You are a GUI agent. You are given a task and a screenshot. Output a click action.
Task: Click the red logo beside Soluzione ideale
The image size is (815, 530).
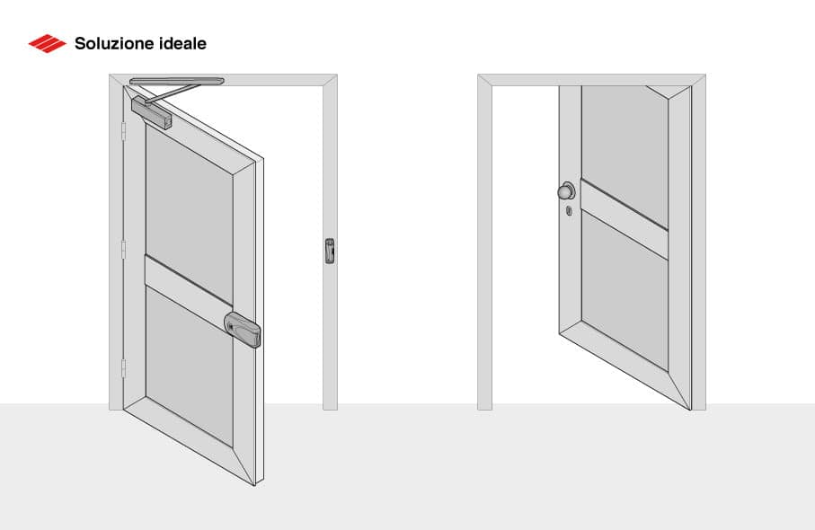(x=47, y=42)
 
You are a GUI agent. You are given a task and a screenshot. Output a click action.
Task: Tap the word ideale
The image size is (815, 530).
(x=182, y=42)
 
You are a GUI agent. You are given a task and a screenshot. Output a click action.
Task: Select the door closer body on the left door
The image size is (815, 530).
(x=150, y=114)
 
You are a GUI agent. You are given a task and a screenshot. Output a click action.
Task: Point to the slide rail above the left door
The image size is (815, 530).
(x=176, y=82)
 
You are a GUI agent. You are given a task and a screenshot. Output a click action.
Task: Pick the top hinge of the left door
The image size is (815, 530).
(x=123, y=132)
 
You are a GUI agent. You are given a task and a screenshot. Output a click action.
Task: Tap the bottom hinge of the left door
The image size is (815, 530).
(x=123, y=367)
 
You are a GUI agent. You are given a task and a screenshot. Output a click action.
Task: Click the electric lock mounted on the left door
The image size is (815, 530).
(x=244, y=329)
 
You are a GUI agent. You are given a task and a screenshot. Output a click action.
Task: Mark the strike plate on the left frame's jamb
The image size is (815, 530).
(x=329, y=251)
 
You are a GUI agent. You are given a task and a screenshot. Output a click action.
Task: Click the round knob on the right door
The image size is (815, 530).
(x=566, y=191)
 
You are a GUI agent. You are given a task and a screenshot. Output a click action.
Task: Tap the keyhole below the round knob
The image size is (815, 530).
(x=570, y=212)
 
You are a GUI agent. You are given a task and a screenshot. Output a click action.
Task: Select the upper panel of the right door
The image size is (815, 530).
(x=625, y=144)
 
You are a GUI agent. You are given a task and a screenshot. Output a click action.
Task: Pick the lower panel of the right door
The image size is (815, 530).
(x=625, y=296)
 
